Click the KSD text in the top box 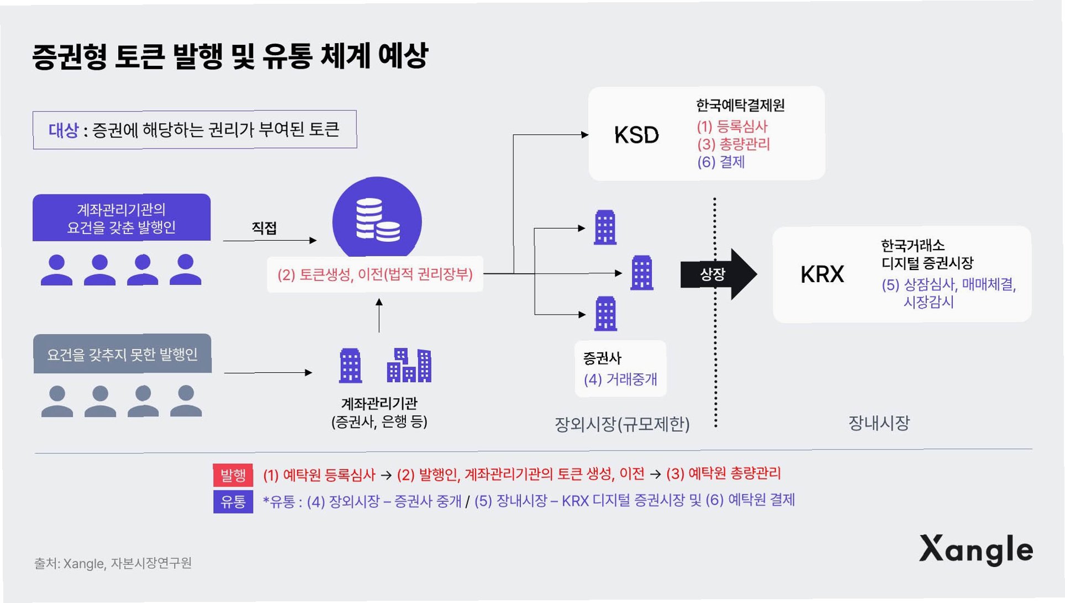[636, 135]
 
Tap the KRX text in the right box [822, 274]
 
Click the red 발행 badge [233, 474]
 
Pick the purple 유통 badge [233, 501]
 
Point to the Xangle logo [976, 549]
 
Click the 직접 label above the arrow [264, 228]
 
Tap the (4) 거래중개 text [620, 379]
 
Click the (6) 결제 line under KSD [721, 162]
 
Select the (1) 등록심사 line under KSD [732, 126]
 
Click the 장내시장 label [879, 423]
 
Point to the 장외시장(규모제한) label [622, 424]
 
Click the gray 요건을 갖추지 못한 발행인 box [122, 354]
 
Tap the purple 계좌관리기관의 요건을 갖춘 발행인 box [122, 218]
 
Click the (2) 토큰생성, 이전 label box [375, 274]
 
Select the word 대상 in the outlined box [64, 130]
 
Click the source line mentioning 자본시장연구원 [113, 563]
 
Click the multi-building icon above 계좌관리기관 [409, 366]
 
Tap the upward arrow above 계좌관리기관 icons [379, 315]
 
